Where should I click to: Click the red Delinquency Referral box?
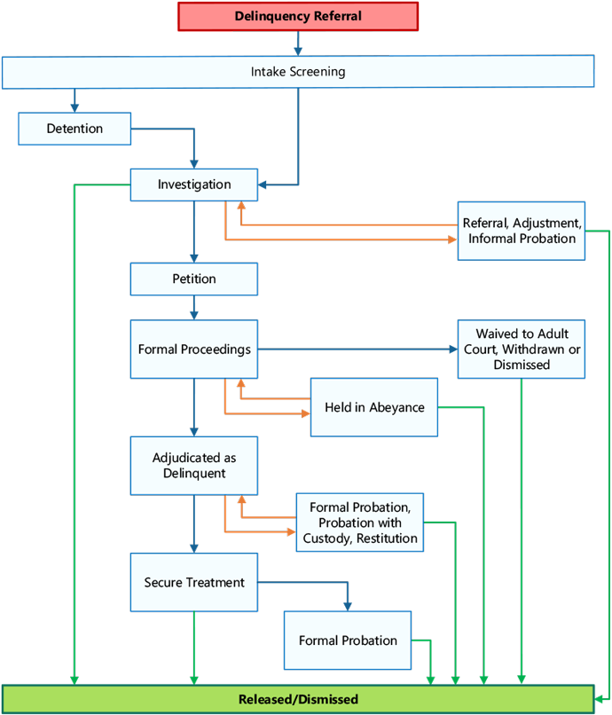tap(298, 17)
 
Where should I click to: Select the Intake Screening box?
tap(298, 72)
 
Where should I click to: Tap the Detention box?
tap(75, 129)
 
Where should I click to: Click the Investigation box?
tap(194, 185)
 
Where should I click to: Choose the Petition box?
tap(194, 279)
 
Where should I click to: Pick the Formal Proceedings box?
tap(194, 350)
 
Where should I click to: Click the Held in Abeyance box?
tap(373, 408)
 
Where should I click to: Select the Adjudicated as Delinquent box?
tap(194, 466)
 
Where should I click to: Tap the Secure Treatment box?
tap(194, 583)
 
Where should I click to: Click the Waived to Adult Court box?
tap(522, 350)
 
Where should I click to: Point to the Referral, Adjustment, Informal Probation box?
tap(522, 231)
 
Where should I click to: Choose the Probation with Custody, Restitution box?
tap(360, 522)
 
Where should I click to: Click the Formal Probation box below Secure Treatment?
tap(348, 640)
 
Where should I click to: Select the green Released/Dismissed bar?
tap(298, 699)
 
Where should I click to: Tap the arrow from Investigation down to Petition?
tap(194, 232)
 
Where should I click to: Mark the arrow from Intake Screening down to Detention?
tap(75, 100)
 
